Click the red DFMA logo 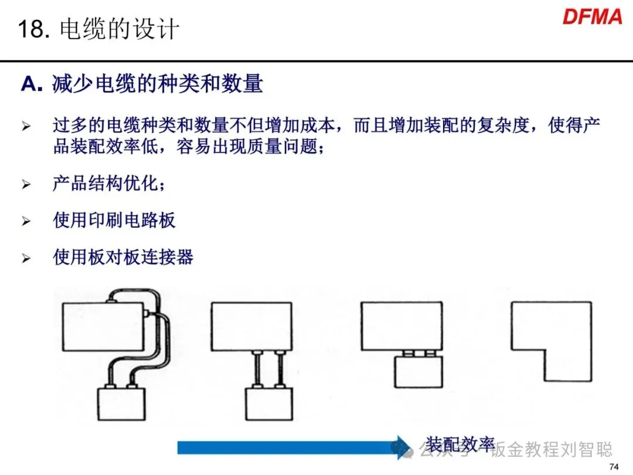coord(593,17)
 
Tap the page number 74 coord(614,467)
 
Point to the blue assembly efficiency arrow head coord(403,447)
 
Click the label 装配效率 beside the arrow coord(460,444)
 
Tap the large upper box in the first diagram coord(103,326)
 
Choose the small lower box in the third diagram coord(418,372)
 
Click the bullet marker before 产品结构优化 coord(26,184)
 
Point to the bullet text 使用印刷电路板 coord(114,220)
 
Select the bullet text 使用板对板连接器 coord(123,257)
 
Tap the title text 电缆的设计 coord(120,29)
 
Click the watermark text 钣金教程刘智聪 coord(551,450)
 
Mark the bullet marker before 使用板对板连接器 coord(26,257)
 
